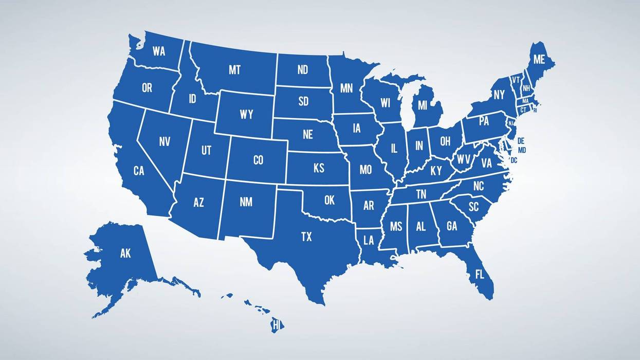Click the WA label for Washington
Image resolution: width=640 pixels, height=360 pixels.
click(159, 51)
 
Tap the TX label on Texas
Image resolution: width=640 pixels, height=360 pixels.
click(306, 237)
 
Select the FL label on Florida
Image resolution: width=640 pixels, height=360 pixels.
click(480, 274)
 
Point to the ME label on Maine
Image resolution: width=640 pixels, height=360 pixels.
click(539, 60)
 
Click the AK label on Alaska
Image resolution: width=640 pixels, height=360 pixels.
click(125, 253)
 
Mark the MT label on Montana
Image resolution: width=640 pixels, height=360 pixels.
click(234, 70)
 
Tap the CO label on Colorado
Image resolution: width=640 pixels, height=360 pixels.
click(258, 160)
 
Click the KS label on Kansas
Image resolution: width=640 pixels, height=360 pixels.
click(319, 168)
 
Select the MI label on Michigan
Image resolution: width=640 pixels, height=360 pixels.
click(423, 105)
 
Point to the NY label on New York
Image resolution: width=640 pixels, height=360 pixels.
click(499, 95)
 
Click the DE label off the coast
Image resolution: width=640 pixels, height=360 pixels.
click(521, 141)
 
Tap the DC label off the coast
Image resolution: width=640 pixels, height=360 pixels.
click(514, 160)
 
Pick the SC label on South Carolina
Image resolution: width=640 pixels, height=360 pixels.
click(473, 206)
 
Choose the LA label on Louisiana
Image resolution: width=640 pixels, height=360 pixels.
click(369, 240)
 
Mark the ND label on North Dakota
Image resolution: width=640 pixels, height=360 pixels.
click(303, 70)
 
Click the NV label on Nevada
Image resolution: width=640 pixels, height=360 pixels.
click(164, 141)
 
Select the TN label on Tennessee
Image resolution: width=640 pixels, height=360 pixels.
click(421, 194)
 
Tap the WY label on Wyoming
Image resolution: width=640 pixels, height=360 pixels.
click(247, 115)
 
